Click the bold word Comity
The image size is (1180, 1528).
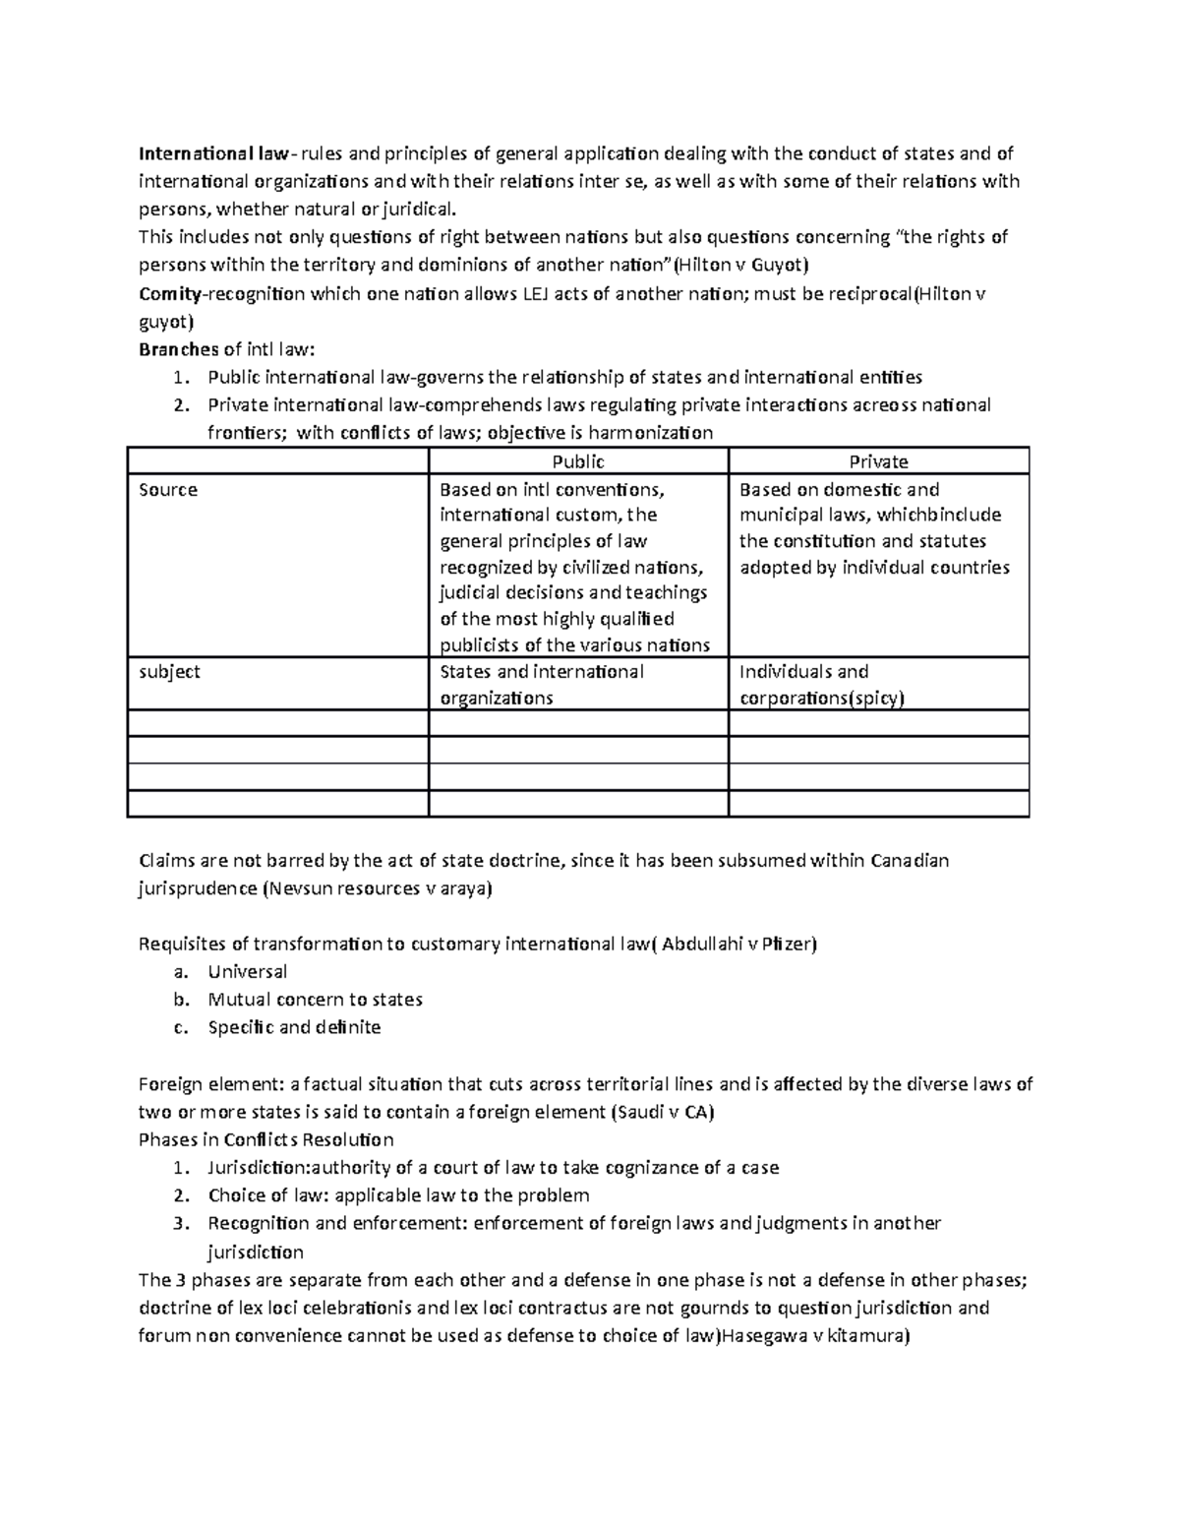pos(169,293)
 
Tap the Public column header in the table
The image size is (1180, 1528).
pos(578,461)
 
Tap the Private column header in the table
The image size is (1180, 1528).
pos(878,461)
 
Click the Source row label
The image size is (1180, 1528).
pos(168,490)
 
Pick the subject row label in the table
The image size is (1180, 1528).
pos(169,672)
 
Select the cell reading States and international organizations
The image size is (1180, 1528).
pos(541,685)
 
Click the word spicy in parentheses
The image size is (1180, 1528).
pos(879,699)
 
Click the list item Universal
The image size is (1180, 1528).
pos(247,972)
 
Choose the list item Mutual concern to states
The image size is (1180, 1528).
pos(315,1000)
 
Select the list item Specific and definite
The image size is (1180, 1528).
pos(294,1027)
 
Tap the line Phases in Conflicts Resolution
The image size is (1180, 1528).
pos(265,1140)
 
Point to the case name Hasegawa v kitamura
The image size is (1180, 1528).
pos(815,1336)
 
